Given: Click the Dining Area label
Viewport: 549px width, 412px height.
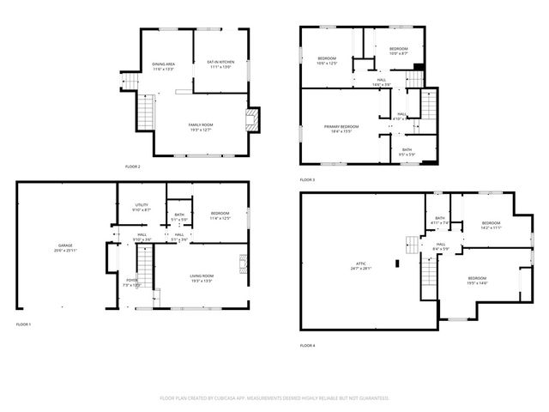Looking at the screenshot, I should [164, 65].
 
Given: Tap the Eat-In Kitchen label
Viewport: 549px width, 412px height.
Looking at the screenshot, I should [220, 64].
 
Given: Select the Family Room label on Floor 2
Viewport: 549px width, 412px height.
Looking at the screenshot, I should [201, 127].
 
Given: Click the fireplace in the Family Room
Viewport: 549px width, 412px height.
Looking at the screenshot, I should [251, 119].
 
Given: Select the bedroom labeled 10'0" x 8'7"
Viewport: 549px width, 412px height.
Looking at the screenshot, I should [398, 51].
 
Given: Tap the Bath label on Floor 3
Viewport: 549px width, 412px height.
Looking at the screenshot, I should [407, 151].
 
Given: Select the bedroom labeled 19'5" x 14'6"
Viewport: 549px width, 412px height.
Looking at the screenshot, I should [477, 280].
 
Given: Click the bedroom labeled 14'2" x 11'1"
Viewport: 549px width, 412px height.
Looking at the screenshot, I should [490, 226].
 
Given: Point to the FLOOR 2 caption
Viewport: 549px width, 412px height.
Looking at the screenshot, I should [132, 166].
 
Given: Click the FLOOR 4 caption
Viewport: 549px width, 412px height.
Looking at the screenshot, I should [307, 345].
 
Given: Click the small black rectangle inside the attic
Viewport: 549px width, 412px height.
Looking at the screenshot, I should [396, 264].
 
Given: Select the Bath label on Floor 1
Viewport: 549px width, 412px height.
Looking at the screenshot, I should [179, 216].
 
